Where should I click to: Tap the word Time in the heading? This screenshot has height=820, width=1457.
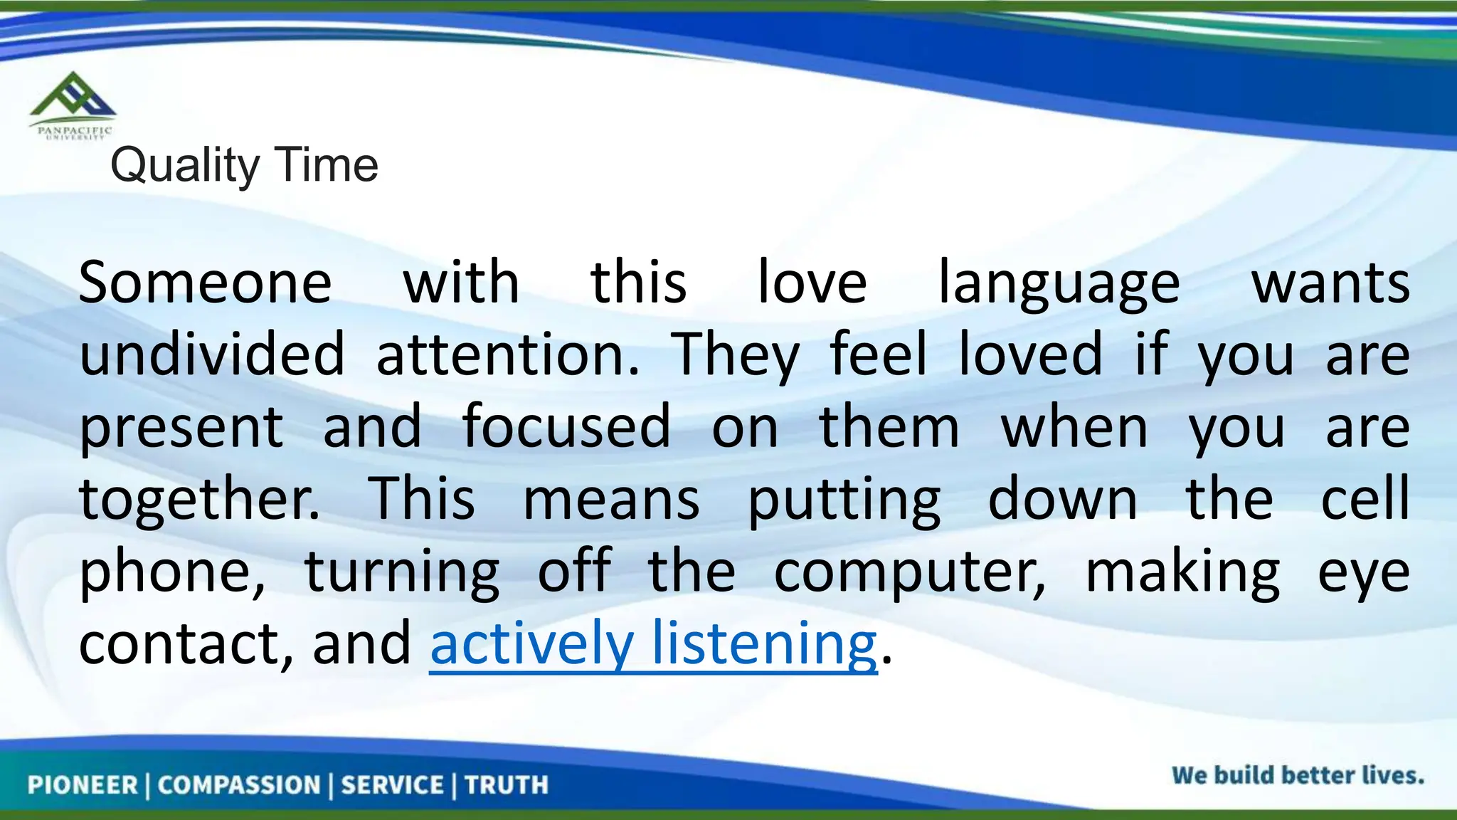pyautogui.click(x=327, y=164)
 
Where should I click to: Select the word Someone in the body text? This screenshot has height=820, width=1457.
pyautogui.click(x=205, y=283)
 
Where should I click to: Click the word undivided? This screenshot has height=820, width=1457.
pyautogui.click(x=211, y=354)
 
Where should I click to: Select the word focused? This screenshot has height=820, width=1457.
pyautogui.click(x=566, y=426)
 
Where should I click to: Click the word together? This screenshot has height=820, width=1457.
pyautogui.click(x=199, y=500)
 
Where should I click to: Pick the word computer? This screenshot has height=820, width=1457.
pyautogui.click(x=910, y=573)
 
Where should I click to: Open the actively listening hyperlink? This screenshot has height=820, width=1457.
pyautogui.click(x=653, y=643)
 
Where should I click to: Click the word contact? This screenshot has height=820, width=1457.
pyautogui.click(x=185, y=643)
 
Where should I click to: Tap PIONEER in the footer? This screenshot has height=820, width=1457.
pyautogui.click(x=83, y=785)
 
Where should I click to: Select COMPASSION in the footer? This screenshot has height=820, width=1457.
pyautogui.click(x=239, y=785)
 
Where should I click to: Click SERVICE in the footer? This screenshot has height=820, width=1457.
pyautogui.click(x=392, y=785)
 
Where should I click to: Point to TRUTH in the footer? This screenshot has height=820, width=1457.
pyautogui.click(x=507, y=785)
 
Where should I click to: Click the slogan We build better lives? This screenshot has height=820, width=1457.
pyautogui.click(x=1298, y=775)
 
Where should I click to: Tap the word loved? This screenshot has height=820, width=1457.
pyautogui.click(x=1030, y=354)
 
